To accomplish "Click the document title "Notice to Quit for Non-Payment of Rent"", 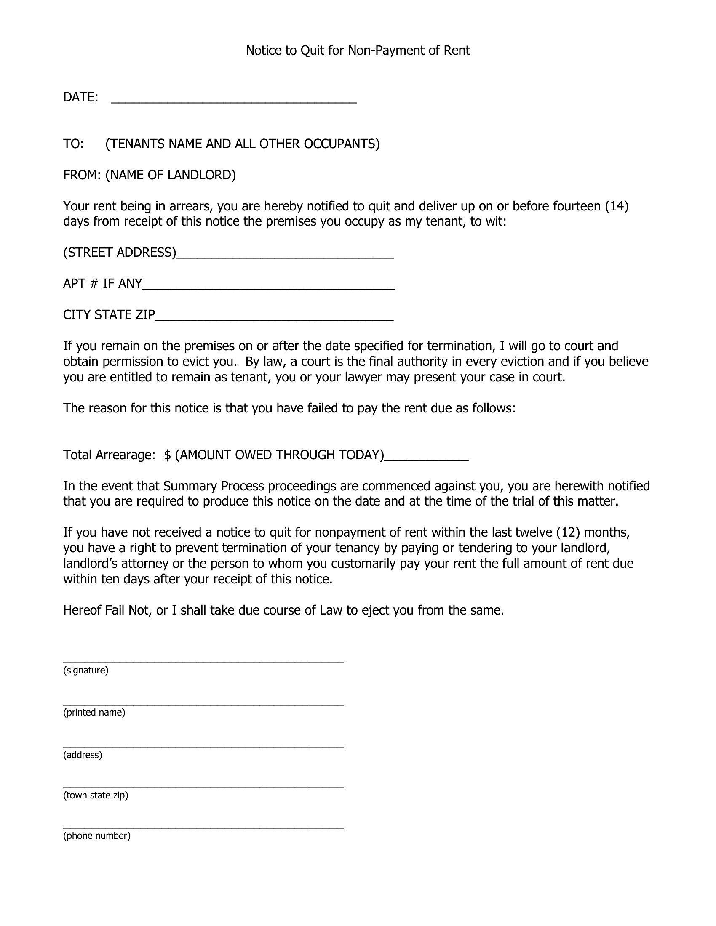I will [x=358, y=51].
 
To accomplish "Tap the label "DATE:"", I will [x=80, y=97].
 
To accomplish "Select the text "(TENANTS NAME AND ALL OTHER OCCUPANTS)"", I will [x=242, y=144].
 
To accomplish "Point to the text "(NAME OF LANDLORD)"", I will [x=171, y=175].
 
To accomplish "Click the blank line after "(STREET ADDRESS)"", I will [x=285, y=255].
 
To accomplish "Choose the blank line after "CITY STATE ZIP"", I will [x=274, y=318].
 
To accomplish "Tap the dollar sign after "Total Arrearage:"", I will [x=168, y=455].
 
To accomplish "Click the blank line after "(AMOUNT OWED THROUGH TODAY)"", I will [x=426, y=458].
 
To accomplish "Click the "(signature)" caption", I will [x=85, y=671].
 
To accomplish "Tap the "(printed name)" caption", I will [x=94, y=712].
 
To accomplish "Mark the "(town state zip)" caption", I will [x=96, y=796].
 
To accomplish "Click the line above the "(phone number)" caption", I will [x=203, y=828].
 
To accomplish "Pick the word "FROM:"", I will [x=82, y=175].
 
